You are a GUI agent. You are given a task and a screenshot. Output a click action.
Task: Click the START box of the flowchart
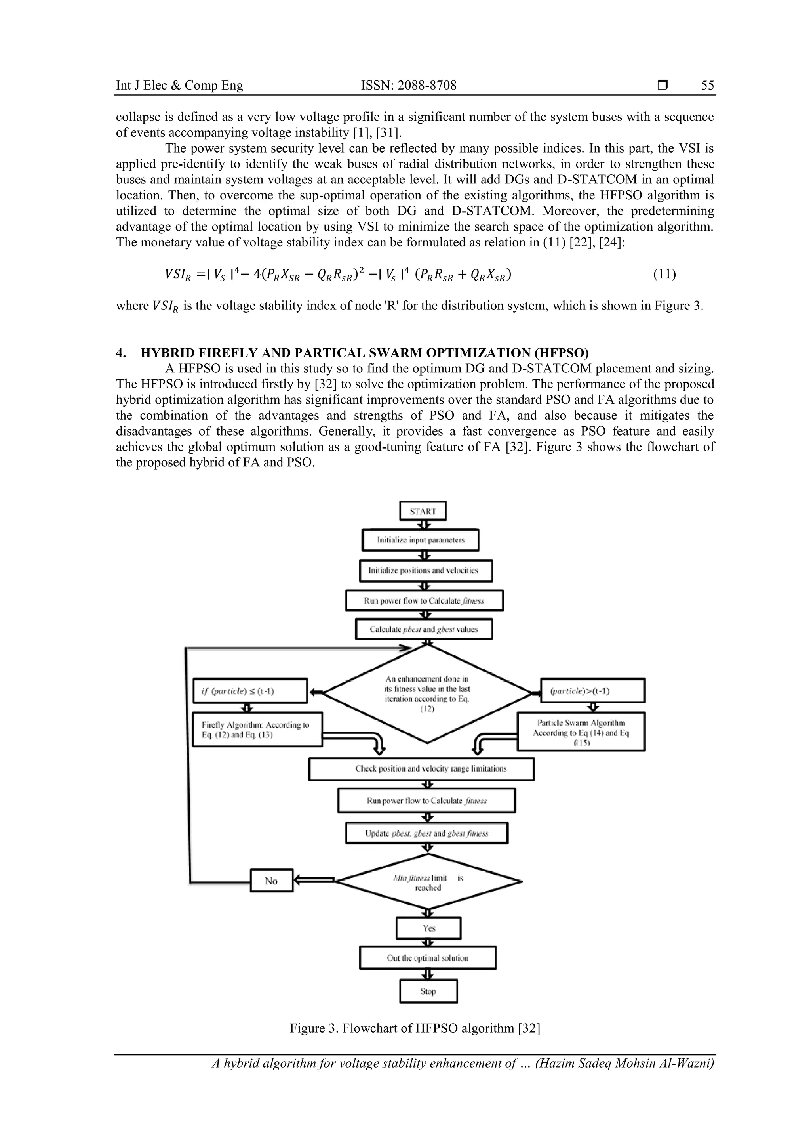[x=423, y=511]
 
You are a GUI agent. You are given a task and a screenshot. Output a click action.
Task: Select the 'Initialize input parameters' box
[x=420, y=540]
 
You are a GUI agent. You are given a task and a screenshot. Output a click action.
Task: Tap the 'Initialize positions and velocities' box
[x=425, y=571]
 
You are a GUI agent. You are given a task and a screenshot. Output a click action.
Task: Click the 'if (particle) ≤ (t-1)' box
[x=250, y=691]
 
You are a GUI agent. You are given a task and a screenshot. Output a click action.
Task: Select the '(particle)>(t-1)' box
[x=593, y=691]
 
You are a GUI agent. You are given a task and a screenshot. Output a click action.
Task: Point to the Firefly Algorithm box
[x=257, y=730]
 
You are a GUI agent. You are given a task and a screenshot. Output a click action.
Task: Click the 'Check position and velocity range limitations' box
[x=421, y=769]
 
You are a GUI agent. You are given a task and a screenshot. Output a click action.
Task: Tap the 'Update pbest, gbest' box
[x=426, y=833]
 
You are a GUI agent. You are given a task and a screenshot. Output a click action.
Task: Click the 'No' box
[x=271, y=881]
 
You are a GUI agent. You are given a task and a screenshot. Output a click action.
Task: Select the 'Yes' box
[x=428, y=928]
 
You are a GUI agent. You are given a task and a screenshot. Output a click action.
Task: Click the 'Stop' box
[x=428, y=991]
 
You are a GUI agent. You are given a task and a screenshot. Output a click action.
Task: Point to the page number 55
[x=707, y=86]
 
